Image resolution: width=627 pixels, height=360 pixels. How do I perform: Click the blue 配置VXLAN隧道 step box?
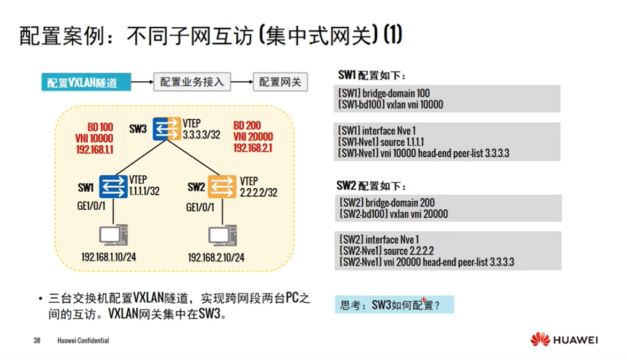tap(86, 83)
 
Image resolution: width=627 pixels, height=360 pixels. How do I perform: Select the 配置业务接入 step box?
tap(191, 82)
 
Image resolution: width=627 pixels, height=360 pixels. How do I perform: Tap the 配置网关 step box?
tap(280, 82)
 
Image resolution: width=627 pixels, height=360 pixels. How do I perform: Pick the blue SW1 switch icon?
tap(113, 187)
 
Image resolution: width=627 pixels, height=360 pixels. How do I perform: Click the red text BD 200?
tap(247, 126)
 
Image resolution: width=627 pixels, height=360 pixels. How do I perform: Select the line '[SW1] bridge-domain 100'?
tap(384, 94)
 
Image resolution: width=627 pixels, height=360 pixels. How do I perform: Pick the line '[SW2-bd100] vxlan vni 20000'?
tap(393, 214)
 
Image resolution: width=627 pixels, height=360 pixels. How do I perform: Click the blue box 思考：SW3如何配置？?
tap(393, 305)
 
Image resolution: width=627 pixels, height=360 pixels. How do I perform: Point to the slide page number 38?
tap(37, 340)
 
